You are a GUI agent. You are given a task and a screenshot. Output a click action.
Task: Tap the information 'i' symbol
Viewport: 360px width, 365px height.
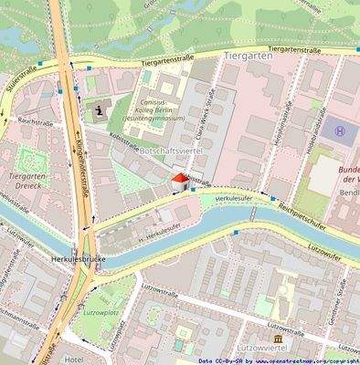point(99,111)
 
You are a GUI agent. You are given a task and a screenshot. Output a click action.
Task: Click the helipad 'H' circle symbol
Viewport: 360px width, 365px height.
point(341,132)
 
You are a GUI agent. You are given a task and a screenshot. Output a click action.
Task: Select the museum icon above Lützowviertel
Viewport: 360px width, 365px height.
point(279,336)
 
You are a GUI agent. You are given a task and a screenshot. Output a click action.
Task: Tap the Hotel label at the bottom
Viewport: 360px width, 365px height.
point(73,359)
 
